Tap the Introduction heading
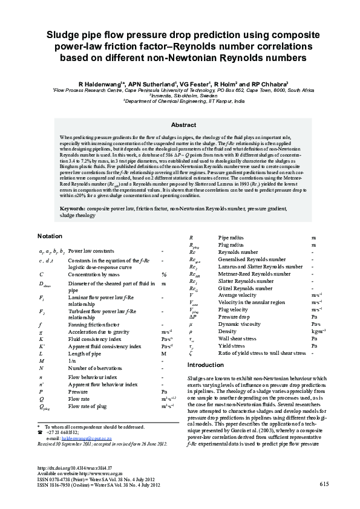206,365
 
